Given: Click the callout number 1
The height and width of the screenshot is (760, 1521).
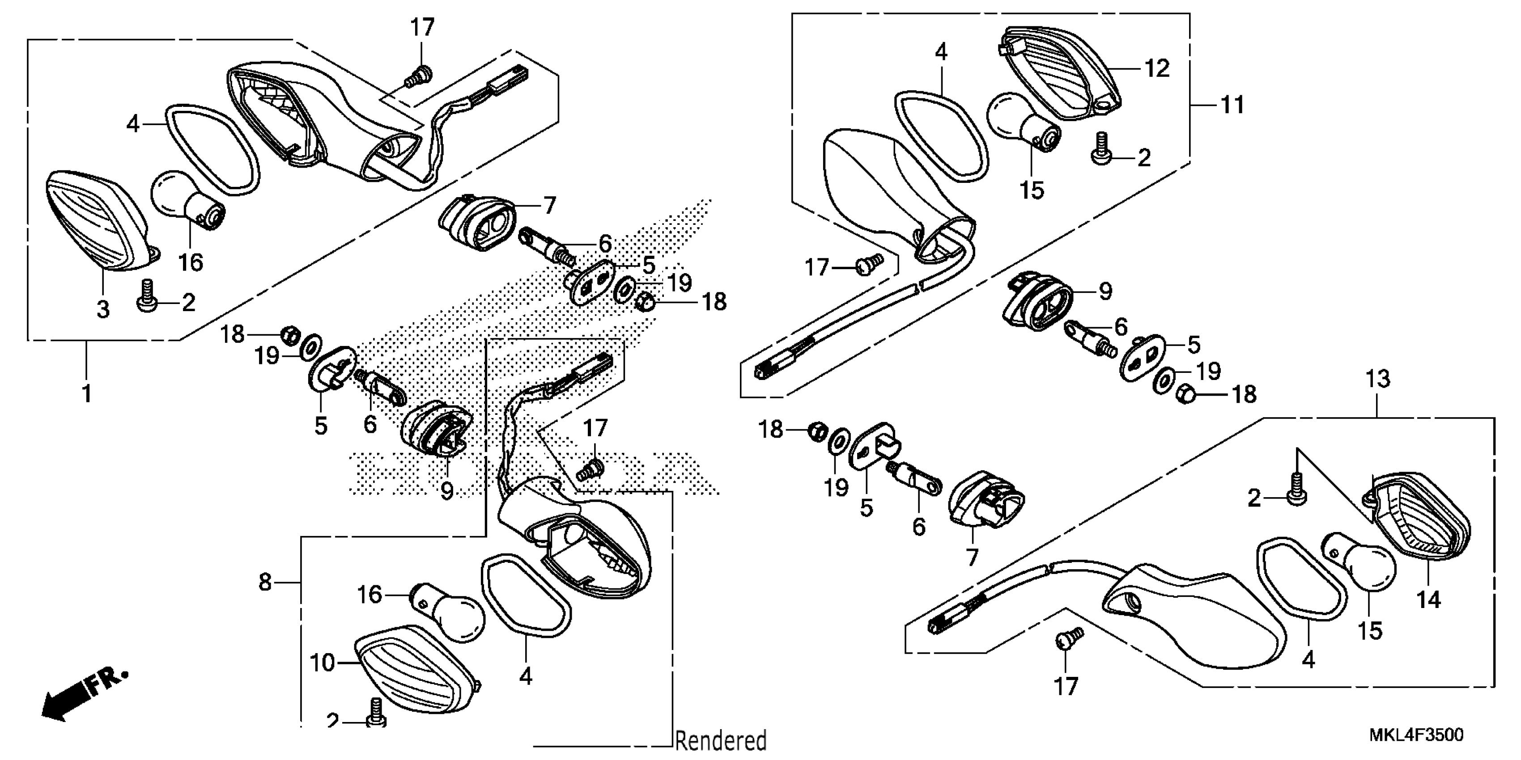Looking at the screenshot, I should [x=87, y=393].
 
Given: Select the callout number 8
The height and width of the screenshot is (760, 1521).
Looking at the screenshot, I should [x=265, y=583].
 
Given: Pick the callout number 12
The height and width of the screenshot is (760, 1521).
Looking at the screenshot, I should [x=1157, y=69].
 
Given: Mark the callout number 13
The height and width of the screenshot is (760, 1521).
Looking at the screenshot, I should [x=1377, y=379].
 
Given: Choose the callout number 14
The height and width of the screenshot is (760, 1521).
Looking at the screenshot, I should [x=1429, y=600].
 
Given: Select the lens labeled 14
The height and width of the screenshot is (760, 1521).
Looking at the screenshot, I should [x=1420, y=519].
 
